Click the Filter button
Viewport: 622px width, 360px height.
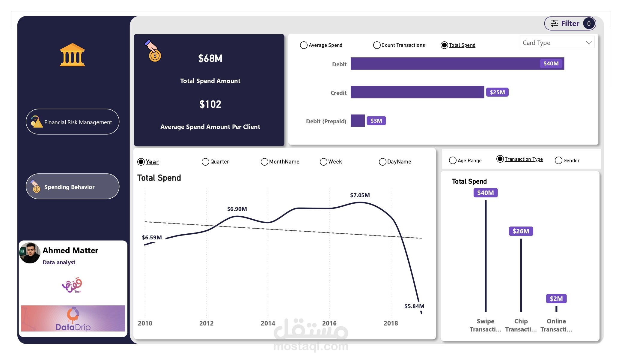(570, 23)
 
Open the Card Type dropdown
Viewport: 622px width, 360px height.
(557, 43)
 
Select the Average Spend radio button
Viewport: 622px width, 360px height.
(304, 45)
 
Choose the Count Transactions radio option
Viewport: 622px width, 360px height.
(377, 45)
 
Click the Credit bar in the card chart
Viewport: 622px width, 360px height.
(417, 92)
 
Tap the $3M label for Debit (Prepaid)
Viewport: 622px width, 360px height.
(376, 121)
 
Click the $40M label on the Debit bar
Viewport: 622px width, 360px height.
(551, 63)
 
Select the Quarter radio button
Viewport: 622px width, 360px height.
(205, 162)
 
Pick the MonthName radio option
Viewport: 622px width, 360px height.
(264, 162)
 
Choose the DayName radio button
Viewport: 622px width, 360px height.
(382, 162)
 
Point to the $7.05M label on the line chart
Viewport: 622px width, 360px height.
(360, 195)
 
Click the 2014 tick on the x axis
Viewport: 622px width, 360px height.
(268, 323)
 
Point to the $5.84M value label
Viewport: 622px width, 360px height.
(414, 306)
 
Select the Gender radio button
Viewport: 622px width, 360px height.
(558, 160)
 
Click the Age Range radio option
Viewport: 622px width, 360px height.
(453, 160)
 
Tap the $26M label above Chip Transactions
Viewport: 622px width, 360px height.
(521, 231)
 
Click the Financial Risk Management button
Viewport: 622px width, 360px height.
(73, 122)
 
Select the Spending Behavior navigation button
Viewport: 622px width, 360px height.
(73, 187)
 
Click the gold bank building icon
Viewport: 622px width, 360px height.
(72, 55)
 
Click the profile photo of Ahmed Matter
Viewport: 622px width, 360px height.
(30, 253)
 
